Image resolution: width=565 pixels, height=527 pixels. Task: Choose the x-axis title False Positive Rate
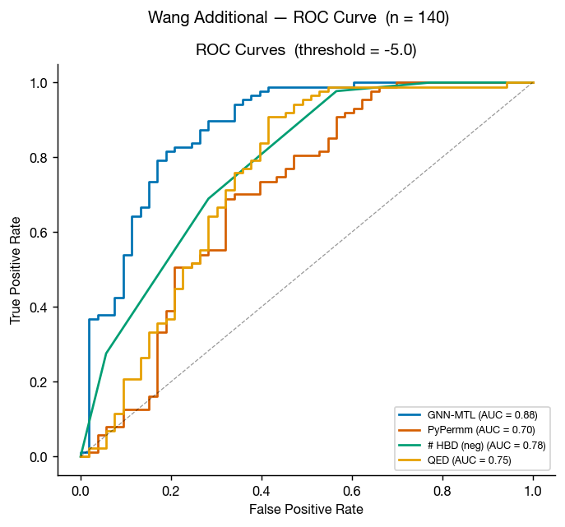[x=307, y=510]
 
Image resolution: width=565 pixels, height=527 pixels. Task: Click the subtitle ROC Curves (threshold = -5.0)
[x=306, y=49]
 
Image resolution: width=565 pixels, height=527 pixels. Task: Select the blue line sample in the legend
[x=410, y=415]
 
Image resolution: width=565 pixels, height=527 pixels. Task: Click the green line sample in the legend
[x=410, y=445]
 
